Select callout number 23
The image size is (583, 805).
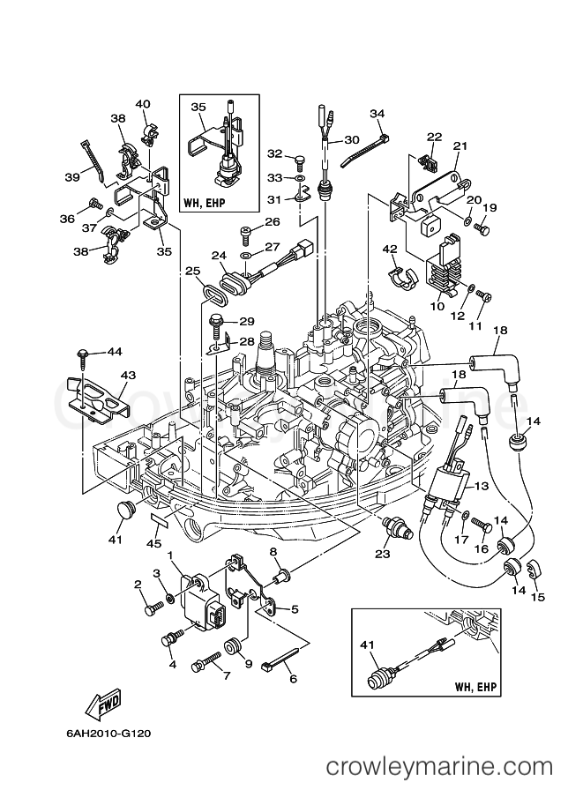click(x=383, y=553)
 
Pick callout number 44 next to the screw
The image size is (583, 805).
click(x=115, y=351)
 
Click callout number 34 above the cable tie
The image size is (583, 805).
click(x=377, y=113)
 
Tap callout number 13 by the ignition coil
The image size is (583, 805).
click(x=482, y=485)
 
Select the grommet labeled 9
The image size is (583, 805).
click(x=233, y=646)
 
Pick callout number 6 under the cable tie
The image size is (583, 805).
click(x=294, y=679)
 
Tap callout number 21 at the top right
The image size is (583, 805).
click(x=460, y=146)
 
